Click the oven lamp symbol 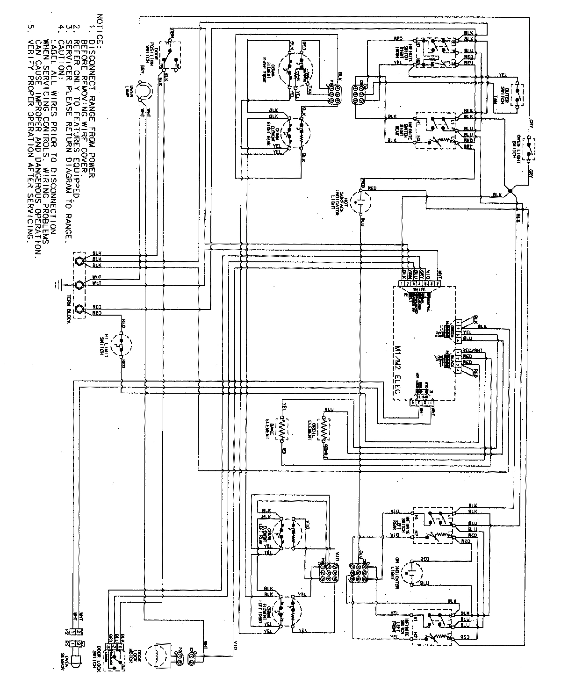coord(146,91)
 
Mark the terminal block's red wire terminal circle coord(79,309)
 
